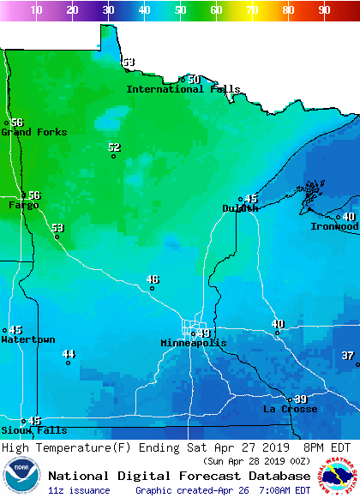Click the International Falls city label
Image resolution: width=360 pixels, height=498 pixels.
tap(183, 89)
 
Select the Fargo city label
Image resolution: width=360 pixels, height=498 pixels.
tap(23, 206)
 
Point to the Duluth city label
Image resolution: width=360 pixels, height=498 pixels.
tap(240, 208)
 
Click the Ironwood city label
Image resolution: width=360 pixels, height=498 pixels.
tap(333, 227)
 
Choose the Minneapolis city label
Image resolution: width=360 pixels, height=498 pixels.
tap(194, 343)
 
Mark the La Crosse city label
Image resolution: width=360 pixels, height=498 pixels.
tap(290, 410)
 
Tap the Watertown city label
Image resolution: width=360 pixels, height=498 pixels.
tap(27, 340)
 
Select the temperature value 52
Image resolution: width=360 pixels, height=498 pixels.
tap(115, 147)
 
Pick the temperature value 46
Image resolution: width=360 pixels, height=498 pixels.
tap(153, 279)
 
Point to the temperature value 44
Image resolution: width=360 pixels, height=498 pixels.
tap(69, 354)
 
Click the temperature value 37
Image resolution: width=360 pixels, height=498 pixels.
tap(347, 356)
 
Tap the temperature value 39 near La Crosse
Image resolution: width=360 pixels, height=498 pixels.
tap(301, 399)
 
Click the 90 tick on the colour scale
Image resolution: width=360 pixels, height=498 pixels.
tap(325, 10)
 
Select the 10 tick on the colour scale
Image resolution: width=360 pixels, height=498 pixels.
tap(37, 10)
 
